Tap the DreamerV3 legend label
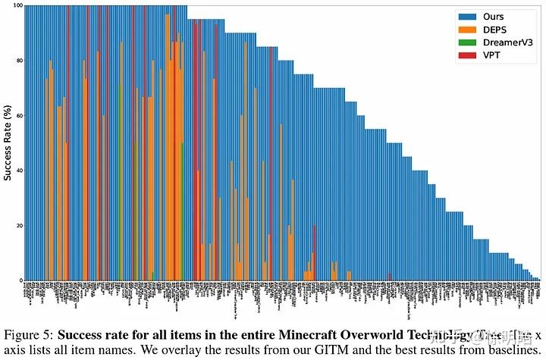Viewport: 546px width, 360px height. tap(505, 42)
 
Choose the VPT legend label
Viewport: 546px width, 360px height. tap(491, 55)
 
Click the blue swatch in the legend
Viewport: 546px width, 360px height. tap(466, 17)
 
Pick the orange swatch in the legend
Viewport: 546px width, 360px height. tap(466, 30)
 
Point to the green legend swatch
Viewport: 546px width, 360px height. tap(466, 42)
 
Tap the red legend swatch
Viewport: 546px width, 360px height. tap(466, 55)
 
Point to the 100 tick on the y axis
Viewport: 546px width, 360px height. tap(15, 7)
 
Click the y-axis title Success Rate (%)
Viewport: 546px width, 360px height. tap(7, 144)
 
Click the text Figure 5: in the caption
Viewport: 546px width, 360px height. tap(28, 335)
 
